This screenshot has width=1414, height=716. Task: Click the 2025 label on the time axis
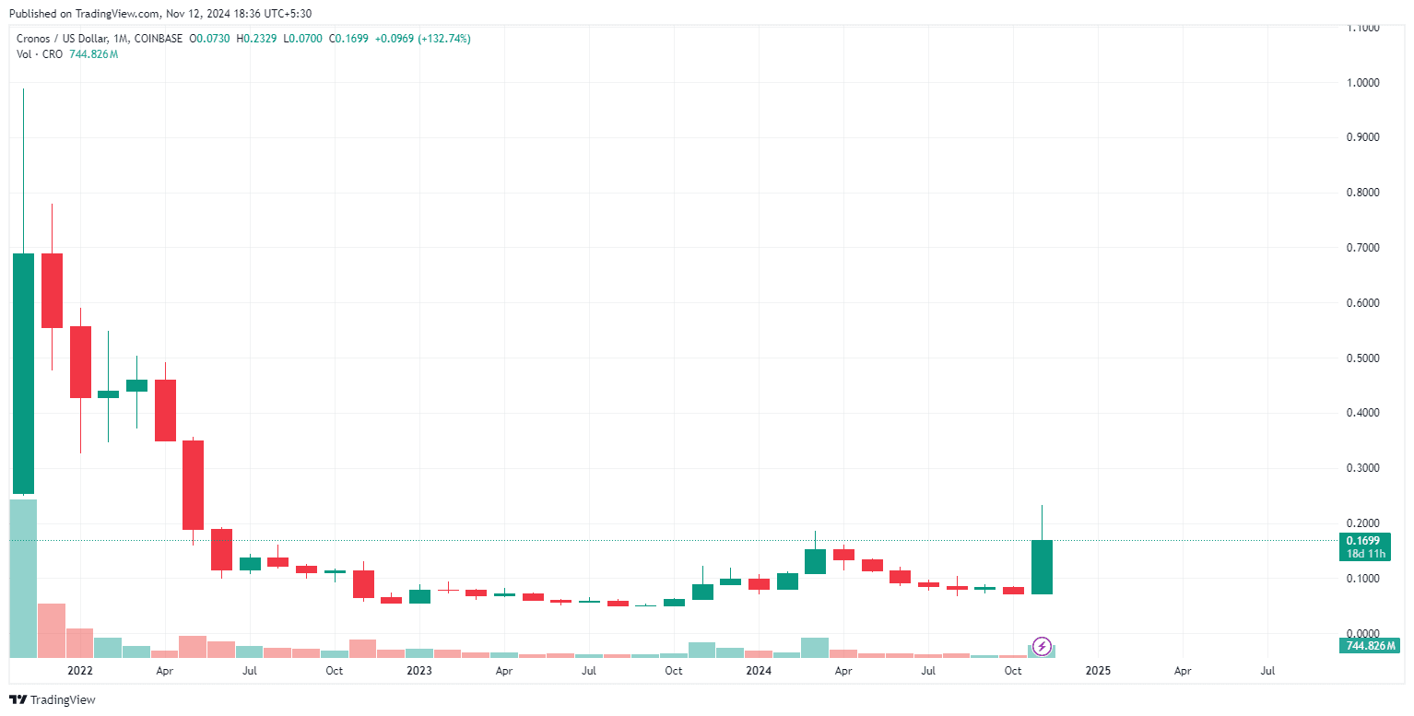(1098, 671)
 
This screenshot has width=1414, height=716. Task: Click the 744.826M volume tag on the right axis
(1368, 646)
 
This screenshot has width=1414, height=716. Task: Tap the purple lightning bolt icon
(1043, 646)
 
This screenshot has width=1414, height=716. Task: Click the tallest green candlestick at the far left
(23, 373)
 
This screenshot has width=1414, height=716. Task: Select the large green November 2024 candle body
(1042, 567)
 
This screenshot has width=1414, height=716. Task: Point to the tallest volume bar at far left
(23, 578)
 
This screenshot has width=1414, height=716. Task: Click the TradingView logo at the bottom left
(53, 699)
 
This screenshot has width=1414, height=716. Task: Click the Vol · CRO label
(40, 54)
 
